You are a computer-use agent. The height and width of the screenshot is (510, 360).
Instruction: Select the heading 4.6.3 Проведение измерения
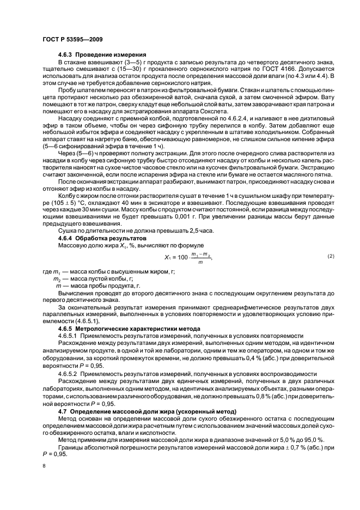click(x=102, y=54)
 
